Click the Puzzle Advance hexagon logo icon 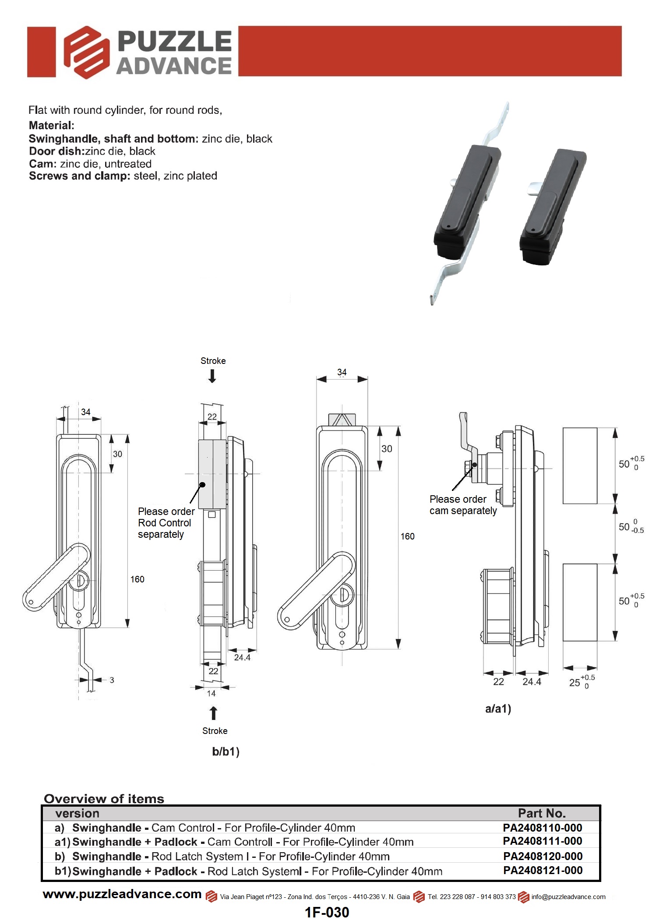coord(86,52)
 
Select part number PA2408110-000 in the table coord(542,828)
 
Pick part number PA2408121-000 coord(543,870)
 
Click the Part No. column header coord(542,813)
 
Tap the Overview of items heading coord(104,799)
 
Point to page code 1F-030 coord(327,912)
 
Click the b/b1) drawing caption coord(226,751)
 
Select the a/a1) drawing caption coord(498,709)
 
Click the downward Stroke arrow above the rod coord(212,376)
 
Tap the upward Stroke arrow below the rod coord(213,713)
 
